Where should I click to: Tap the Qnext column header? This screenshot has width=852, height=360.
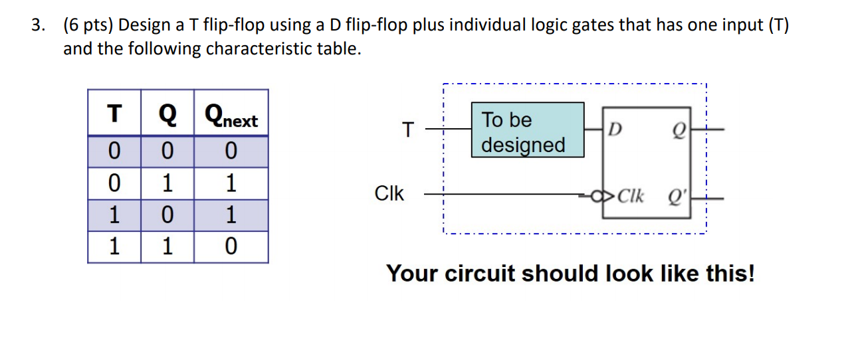click(x=231, y=120)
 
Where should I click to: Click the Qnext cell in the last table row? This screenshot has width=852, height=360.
click(x=231, y=247)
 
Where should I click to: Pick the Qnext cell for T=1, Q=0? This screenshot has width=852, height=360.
click(x=231, y=215)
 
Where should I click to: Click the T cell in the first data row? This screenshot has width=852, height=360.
click(x=114, y=152)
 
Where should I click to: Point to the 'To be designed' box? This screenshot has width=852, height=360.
click(x=528, y=130)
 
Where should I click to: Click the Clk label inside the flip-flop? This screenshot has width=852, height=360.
click(x=630, y=197)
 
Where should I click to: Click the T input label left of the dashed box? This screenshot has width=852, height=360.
click(x=408, y=130)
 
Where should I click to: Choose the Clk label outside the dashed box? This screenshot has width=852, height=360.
click(x=389, y=194)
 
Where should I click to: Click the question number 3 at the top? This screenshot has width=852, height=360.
click(x=39, y=26)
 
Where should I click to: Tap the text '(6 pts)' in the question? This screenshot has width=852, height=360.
click(x=87, y=26)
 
